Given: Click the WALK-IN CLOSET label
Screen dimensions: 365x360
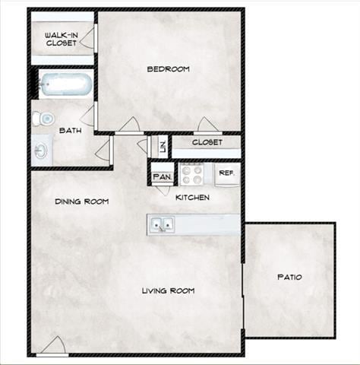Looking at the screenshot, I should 61,39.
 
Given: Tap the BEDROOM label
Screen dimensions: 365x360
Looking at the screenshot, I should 168,69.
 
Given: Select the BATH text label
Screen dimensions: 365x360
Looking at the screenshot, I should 71,130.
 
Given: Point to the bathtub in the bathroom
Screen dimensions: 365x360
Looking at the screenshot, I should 65,84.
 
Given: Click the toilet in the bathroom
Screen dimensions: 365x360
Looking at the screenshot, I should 43,118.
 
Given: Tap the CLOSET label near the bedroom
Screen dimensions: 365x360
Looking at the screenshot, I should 207,142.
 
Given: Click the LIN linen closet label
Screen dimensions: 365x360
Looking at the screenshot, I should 162,145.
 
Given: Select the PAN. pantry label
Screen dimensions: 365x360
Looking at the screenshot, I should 162,177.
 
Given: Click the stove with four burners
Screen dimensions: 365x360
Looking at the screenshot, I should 192,175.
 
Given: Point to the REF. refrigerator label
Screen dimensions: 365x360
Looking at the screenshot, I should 226,173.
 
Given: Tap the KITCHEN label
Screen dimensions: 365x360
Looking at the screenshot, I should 192,198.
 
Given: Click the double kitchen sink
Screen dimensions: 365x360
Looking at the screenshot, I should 162,224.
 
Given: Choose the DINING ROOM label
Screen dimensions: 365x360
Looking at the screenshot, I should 81,202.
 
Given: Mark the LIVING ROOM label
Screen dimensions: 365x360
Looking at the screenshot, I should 169,290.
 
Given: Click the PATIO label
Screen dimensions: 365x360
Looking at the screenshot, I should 289,277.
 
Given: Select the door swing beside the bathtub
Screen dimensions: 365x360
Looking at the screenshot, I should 87,116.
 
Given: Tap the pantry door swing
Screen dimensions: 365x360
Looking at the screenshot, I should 163,190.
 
